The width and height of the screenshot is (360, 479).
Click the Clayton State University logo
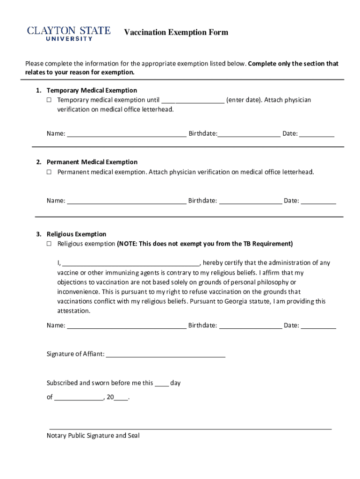[x=69, y=33]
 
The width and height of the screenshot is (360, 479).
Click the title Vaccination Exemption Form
[x=176, y=32]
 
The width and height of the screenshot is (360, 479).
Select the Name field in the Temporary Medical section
[x=127, y=134]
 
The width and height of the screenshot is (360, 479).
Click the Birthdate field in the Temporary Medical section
[x=249, y=134]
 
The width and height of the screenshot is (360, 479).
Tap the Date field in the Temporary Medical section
[x=317, y=134]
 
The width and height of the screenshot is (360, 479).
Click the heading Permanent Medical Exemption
[x=92, y=162]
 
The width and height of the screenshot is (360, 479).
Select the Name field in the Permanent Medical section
[x=127, y=201]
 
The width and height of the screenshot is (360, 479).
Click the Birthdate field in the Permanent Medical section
[x=250, y=201]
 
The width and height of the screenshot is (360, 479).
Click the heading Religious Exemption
[x=76, y=234]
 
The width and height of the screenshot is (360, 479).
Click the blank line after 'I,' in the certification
[x=131, y=263]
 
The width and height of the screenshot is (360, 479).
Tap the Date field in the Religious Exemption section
[x=318, y=326]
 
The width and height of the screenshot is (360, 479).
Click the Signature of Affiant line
[x=166, y=354]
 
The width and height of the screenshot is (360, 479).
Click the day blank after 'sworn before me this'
[x=162, y=384]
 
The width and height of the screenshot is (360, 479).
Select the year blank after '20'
[x=121, y=398]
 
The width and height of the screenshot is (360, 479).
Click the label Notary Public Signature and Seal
[x=93, y=435]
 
